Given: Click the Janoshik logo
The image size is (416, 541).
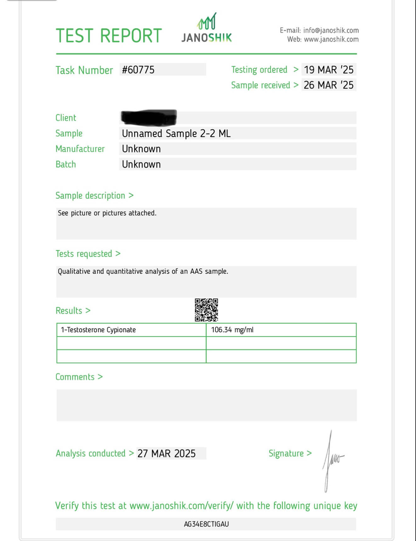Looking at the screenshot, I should pos(207,28).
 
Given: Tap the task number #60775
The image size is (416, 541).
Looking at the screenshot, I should pos(138,70).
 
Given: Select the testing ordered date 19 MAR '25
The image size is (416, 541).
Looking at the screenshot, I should pos(328,70).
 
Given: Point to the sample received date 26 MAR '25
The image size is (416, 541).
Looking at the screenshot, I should pos(328,85).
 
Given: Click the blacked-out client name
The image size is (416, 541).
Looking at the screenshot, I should pos(149,117).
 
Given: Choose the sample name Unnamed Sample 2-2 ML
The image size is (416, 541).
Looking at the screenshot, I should pos(176,134).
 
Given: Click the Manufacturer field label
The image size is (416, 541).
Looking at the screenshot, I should pos(80,149).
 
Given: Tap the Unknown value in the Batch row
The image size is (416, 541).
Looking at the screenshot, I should pos(141,164).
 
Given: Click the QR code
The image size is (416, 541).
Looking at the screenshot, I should pos(206,310).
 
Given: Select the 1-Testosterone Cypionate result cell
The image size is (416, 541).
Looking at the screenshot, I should pos(98,330).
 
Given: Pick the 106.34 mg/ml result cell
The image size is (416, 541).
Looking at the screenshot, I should pos(232,330).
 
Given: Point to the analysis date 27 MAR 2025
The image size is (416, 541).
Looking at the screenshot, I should pos(167,453).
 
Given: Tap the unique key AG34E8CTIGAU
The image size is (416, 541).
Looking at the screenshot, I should pos(206,524).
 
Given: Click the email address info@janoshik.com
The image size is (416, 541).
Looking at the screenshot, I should pos(331,30).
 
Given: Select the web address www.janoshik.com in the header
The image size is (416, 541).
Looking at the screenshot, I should pos(331,39).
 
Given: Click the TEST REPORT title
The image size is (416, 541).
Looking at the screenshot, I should pos(109,36).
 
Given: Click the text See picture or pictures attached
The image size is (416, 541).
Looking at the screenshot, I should pos(107,213).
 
